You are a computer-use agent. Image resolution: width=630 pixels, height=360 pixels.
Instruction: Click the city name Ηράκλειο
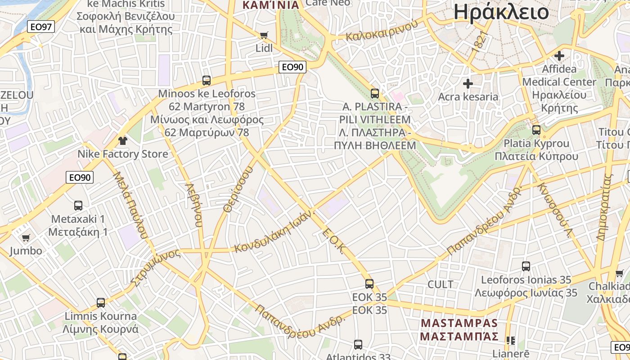click(x=501, y=12)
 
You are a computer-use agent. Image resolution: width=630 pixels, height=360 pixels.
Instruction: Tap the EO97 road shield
click(x=40, y=27)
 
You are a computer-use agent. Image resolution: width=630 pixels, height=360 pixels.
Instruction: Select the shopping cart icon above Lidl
click(x=264, y=35)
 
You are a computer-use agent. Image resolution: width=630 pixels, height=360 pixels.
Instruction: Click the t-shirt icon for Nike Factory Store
click(x=122, y=140)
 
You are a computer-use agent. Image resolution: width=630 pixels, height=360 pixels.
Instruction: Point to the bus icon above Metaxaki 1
click(x=78, y=206)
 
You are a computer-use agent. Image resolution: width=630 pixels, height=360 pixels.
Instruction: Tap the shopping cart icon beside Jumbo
click(x=26, y=238)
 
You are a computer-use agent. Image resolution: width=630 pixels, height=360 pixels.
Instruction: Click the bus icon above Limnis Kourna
click(x=101, y=302)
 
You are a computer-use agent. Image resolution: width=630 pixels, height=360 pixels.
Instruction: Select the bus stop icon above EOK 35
click(x=369, y=284)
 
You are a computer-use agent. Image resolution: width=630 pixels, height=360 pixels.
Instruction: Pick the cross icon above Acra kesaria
click(x=468, y=83)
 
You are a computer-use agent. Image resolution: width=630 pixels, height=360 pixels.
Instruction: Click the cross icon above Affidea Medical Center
click(x=559, y=56)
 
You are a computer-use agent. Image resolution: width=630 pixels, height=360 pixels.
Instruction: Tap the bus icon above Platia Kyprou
click(x=536, y=130)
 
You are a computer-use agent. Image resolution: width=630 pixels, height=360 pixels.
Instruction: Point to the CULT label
click(x=441, y=284)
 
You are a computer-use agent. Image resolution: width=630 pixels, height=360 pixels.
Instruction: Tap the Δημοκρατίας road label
click(x=605, y=207)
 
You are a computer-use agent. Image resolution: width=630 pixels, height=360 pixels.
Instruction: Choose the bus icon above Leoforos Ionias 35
click(x=526, y=266)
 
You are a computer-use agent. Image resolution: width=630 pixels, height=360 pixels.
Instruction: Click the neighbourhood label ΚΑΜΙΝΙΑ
click(x=271, y=5)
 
